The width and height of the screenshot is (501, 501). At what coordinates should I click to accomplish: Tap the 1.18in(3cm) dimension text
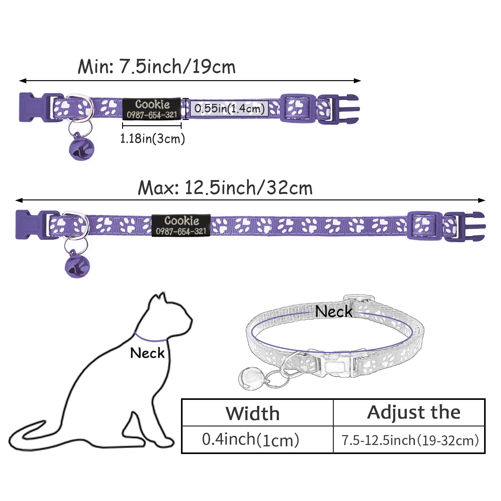pos(152,138)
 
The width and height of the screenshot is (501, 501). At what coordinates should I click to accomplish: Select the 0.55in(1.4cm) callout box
pos(229,108)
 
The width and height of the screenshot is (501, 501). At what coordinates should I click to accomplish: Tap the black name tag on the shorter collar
pos(152,109)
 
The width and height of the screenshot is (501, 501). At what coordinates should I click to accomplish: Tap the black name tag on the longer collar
pos(181,225)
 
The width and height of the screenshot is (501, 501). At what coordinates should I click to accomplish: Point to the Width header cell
pos(257,412)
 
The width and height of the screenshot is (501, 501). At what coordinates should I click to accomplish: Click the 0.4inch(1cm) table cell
pos(257,439)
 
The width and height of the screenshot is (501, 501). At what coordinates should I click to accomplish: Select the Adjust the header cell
pos(409,412)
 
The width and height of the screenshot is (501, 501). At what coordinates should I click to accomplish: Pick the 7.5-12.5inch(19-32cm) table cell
pos(409,439)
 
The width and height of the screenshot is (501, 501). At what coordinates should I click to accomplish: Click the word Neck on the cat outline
pos(147,353)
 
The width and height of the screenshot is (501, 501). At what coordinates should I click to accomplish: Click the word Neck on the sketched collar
pos(334,311)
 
